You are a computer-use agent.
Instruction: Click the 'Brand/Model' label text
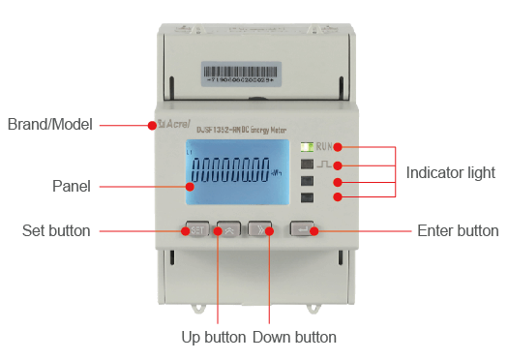click(50, 125)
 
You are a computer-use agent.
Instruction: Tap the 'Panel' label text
click(71, 186)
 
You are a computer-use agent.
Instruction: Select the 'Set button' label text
click(56, 231)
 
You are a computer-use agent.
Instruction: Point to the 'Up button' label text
click(213, 338)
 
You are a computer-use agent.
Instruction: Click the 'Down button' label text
click(294, 338)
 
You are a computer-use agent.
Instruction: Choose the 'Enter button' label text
click(458, 231)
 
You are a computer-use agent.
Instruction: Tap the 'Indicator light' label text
click(450, 172)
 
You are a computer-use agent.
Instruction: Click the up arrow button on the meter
click(229, 230)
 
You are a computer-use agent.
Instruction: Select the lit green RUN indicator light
click(307, 147)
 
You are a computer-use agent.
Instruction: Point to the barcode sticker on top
click(254, 73)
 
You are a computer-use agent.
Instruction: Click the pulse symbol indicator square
click(307, 165)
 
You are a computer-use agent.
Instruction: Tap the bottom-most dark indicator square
click(307, 198)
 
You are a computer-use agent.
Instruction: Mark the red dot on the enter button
click(314, 231)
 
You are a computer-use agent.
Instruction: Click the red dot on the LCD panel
click(189, 186)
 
